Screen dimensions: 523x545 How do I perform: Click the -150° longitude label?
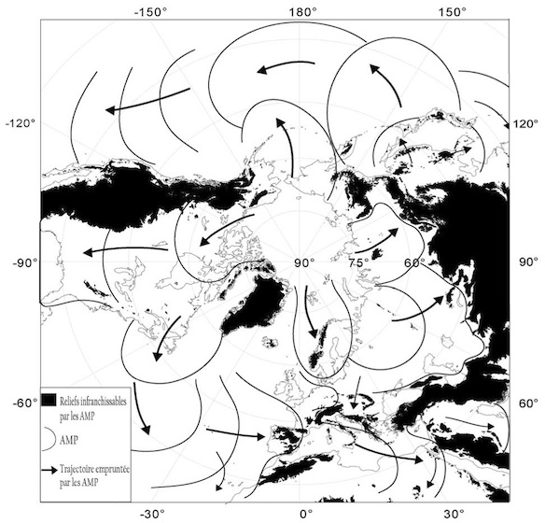coord(152,12)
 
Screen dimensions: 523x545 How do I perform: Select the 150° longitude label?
coord(455,12)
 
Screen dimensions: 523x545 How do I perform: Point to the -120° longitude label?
coord(21,123)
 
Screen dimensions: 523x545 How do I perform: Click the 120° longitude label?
coord(528,123)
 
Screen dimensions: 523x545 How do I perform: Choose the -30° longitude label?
coord(152,513)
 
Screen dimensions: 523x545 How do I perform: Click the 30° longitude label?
coord(454,513)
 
